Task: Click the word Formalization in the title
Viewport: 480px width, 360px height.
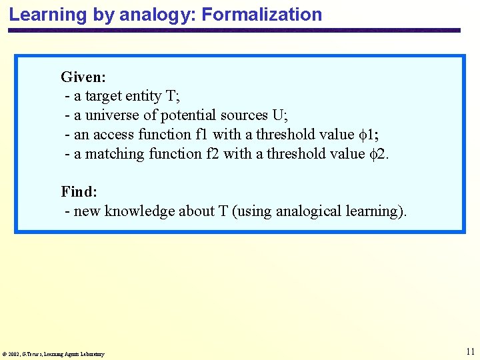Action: tap(263, 14)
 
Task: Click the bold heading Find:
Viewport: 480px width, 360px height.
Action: tap(79, 192)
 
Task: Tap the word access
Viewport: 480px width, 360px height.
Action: tap(114, 135)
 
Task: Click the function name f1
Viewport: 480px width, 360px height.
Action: tap(203, 135)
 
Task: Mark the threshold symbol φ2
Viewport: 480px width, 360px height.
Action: tap(379, 154)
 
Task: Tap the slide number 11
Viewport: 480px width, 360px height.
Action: tap(471, 351)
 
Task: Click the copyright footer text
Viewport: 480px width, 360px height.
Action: tap(53, 354)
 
